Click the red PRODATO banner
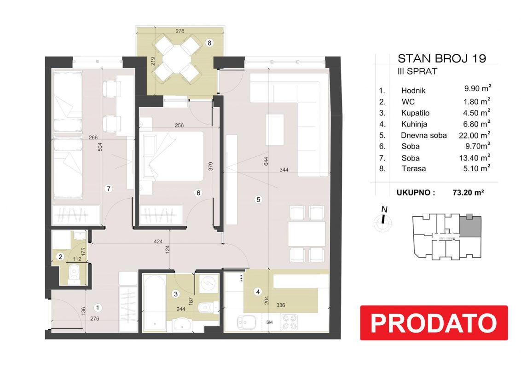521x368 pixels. click(x=434, y=322)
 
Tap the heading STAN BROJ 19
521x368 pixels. click(x=442, y=58)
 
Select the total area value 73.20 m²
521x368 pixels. click(x=468, y=192)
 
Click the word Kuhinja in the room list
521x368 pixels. click(x=414, y=124)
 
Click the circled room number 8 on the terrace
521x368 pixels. click(x=209, y=43)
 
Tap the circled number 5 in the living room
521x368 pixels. click(x=258, y=199)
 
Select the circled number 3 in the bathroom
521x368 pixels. click(x=176, y=293)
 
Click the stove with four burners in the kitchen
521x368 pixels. click(x=289, y=322)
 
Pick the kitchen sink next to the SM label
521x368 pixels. click(x=246, y=322)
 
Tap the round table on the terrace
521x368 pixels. click(x=178, y=57)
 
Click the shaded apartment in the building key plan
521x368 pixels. click(x=470, y=226)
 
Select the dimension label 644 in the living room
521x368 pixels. click(x=266, y=161)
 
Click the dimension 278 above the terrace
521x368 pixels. click(x=180, y=31)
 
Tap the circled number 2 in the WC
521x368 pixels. click(x=60, y=256)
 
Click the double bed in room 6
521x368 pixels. click(x=172, y=156)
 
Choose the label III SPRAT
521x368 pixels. click(x=417, y=71)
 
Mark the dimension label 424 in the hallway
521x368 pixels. click(x=158, y=241)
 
